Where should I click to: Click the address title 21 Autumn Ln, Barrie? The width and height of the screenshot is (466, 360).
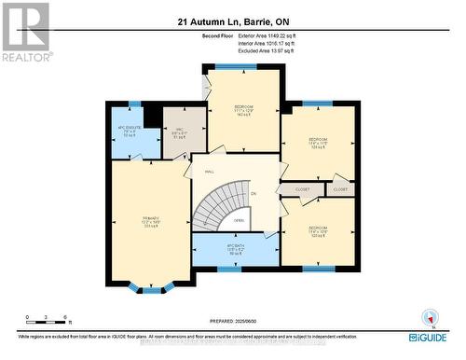(x=232, y=21)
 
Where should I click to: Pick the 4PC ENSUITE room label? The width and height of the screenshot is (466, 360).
(x=128, y=132)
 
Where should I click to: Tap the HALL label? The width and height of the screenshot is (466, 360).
(x=210, y=172)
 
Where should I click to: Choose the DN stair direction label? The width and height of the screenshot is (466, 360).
(x=253, y=193)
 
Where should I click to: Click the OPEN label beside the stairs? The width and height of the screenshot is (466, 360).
(x=240, y=221)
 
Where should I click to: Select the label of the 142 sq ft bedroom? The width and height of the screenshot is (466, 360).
(x=244, y=110)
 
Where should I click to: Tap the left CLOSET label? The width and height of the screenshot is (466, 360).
(x=302, y=189)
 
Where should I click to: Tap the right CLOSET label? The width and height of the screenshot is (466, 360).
(x=340, y=189)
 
